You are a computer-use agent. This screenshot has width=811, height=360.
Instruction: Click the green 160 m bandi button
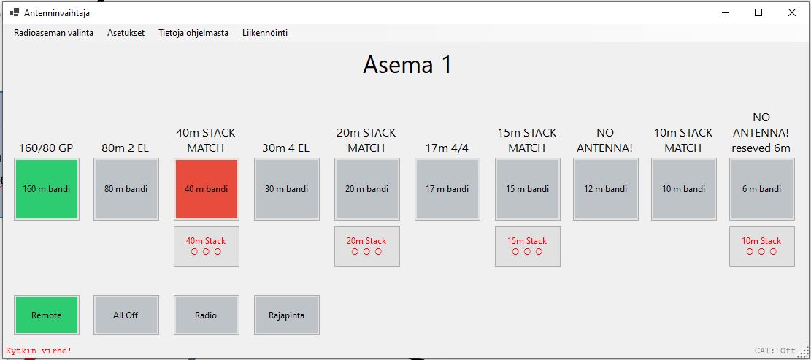click(x=47, y=189)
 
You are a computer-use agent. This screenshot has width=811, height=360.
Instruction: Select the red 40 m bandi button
click(x=207, y=189)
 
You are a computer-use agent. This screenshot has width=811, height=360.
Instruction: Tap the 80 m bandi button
click(x=126, y=189)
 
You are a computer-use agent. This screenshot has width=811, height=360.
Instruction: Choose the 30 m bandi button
click(x=287, y=189)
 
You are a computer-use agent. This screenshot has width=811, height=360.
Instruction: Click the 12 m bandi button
click(x=606, y=189)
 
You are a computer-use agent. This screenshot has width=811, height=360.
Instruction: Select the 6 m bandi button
click(x=762, y=189)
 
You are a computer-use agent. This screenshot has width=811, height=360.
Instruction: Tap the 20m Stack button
click(x=366, y=246)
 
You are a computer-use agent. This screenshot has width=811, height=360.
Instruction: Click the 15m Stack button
click(x=528, y=246)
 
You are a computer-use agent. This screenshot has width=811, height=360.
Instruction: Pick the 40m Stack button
click(x=207, y=246)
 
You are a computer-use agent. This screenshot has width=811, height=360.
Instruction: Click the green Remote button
click(x=47, y=315)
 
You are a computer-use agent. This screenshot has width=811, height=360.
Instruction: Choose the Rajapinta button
click(x=287, y=315)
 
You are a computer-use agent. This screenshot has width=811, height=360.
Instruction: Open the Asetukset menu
click(x=126, y=33)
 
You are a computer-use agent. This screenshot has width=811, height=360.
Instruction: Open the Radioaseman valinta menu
click(x=54, y=33)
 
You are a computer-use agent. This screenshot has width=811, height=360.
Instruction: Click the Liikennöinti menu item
click(x=265, y=33)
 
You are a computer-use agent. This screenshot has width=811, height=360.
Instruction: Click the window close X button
click(x=791, y=13)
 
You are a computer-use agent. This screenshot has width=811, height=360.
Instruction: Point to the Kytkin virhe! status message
click(x=39, y=351)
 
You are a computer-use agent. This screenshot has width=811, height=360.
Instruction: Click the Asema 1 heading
click(x=407, y=65)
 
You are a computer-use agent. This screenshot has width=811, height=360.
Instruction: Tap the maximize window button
click(x=758, y=13)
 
